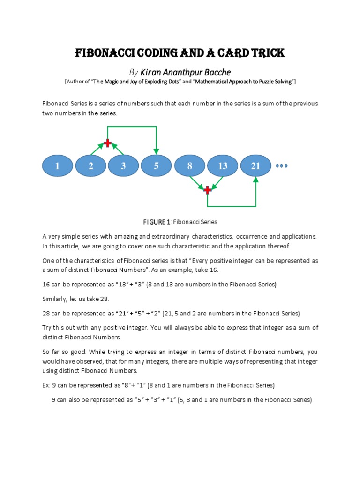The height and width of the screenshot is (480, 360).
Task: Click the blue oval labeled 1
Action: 58,166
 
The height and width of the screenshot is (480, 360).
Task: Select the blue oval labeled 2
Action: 90,166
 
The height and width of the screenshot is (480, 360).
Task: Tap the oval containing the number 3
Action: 123,166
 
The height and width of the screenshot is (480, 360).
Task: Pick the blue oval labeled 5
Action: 156,166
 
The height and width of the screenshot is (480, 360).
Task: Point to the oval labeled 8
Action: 190,166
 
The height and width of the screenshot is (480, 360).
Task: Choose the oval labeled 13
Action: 223,166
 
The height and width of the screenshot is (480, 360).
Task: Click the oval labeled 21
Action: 256,166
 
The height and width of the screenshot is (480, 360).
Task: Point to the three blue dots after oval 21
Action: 282,166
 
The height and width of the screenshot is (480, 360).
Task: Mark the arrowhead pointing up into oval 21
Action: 256,180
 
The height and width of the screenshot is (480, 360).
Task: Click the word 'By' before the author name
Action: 134,72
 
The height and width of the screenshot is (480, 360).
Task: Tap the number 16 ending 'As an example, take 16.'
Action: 214,270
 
